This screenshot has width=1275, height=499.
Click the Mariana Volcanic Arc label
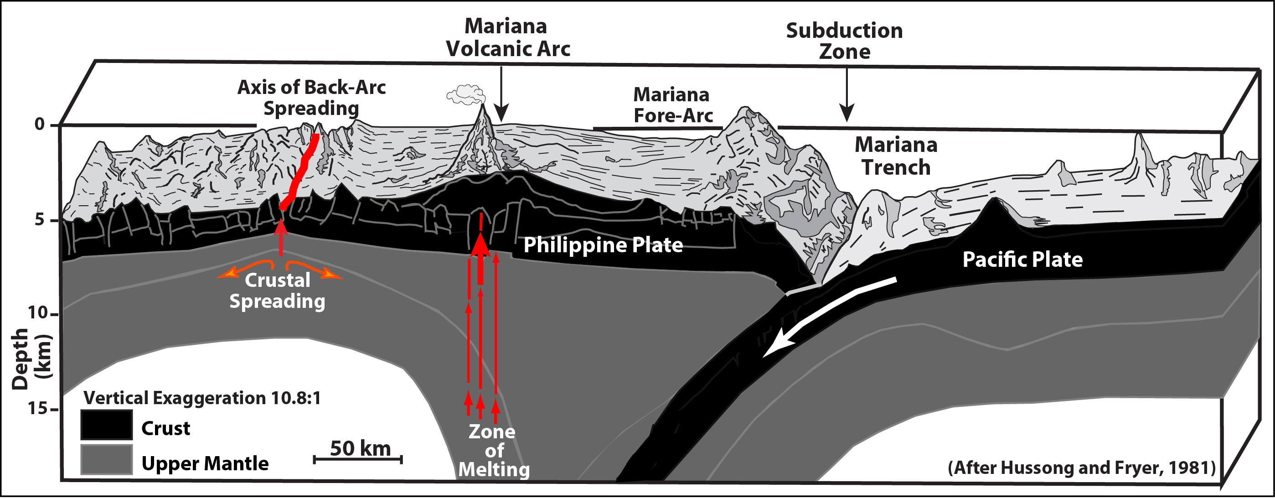[x=508, y=37]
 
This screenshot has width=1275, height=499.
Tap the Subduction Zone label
[x=844, y=41]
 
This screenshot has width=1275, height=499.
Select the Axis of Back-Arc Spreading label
[x=311, y=98]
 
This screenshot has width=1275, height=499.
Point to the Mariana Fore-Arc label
[x=672, y=105]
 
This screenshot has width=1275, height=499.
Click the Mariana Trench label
[x=896, y=156]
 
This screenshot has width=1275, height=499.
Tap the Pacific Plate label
[x=1022, y=260]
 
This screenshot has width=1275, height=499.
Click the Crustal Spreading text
[x=277, y=291]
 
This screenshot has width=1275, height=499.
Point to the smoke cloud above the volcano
[x=465, y=94]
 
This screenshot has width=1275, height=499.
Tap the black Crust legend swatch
[x=106, y=425]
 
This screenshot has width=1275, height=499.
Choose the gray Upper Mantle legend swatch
[x=106, y=460]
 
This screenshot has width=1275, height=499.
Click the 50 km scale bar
[x=358, y=460]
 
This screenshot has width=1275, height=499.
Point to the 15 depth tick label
[x=38, y=408]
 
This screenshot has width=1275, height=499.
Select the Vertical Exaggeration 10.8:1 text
[x=202, y=398]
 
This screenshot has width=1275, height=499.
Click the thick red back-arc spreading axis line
[x=299, y=172]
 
